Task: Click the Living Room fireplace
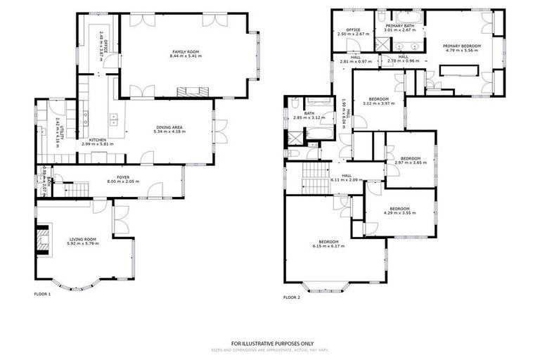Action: [44, 238]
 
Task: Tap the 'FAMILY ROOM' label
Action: [186, 51]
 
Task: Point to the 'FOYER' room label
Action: [124, 177]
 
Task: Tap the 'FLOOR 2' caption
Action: [292, 297]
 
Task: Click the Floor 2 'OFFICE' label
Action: [353, 30]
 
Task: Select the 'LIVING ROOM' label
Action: [82, 239]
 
